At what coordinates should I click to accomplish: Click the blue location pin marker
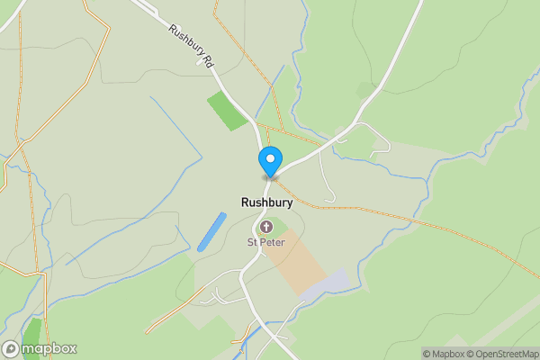269,161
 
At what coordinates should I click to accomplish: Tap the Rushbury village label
266,202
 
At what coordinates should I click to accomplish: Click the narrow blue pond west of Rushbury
211,231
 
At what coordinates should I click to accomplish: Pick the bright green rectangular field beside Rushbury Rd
227,110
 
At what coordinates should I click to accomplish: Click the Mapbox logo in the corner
40,348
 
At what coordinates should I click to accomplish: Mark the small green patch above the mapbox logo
32,329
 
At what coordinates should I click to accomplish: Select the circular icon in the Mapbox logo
11,348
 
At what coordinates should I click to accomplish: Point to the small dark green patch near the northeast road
365,89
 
